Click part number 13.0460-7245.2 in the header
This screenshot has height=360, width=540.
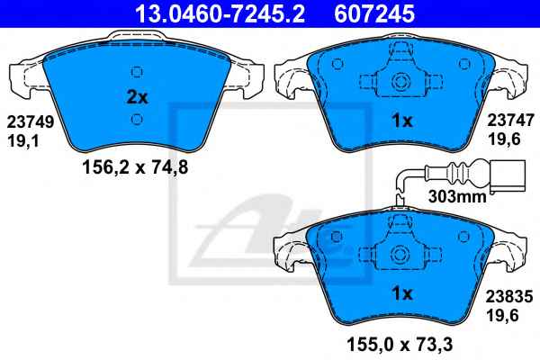pos(220,13)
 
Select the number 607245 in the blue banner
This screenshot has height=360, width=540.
pos(374,13)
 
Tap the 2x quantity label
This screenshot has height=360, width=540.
pos(137,97)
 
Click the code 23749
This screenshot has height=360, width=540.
pos(31,121)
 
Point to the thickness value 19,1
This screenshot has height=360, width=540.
pos(23,140)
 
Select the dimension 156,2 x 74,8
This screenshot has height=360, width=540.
pos(135,167)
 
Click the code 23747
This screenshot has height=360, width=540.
pos(510,121)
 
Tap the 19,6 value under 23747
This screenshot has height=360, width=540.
pos(503,139)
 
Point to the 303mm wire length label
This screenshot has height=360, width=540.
pos(457,196)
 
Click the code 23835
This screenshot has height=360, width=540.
pos(509,296)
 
